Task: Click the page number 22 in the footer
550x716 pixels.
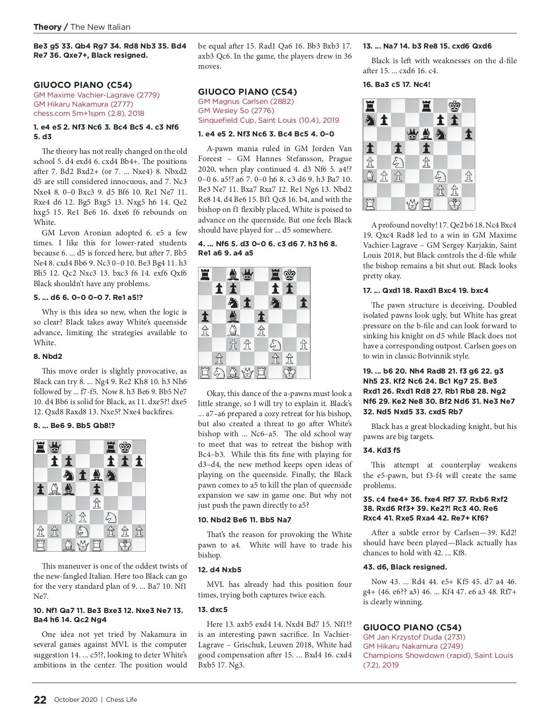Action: pyautogui.click(x=40, y=700)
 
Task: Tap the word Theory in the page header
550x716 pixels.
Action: pyautogui.click(x=47, y=27)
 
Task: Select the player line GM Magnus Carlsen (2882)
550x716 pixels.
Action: pyautogui.click(x=246, y=102)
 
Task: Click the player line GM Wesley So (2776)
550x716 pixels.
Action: pyautogui.click(x=236, y=111)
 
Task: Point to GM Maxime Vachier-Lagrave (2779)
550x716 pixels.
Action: pyautogui.click(x=96, y=95)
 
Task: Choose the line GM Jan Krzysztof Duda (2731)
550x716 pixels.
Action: pyautogui.click(x=414, y=637)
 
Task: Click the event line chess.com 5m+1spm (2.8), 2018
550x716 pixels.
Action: pyautogui.click(x=88, y=114)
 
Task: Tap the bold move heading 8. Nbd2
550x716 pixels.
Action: pyautogui.click(x=48, y=357)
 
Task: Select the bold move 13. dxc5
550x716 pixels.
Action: pyautogui.click(x=213, y=610)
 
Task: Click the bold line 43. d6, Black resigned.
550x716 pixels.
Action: pyautogui.click(x=405, y=567)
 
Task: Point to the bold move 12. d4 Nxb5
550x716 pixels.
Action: pyautogui.click(x=220, y=570)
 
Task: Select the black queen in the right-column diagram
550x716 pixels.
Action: pyautogui.click(x=412, y=134)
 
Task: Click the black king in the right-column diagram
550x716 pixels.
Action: pyautogui.click(x=454, y=106)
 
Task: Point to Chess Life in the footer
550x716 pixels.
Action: pyautogui.click(x=121, y=700)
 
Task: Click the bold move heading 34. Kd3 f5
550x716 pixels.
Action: pyautogui.click(x=381, y=450)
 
